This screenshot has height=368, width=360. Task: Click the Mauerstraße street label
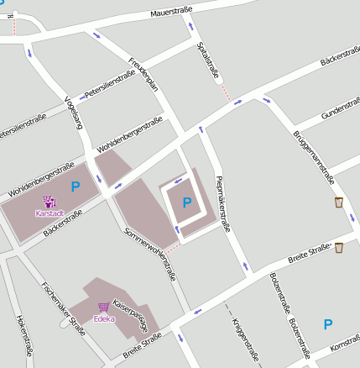[x=172, y=13]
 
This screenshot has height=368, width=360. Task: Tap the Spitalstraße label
[x=207, y=61]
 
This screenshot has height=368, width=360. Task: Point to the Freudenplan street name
[x=145, y=74]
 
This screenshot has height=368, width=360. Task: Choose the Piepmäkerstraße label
[x=222, y=202]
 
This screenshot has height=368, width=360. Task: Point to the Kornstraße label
[x=345, y=346]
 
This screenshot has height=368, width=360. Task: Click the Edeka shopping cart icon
[x=104, y=308]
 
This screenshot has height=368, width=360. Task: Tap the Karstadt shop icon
[x=49, y=202]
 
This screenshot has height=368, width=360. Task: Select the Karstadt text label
[x=49, y=213]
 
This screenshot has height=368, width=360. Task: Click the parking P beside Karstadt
[x=75, y=187]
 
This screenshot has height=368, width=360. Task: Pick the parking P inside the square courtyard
[x=186, y=202]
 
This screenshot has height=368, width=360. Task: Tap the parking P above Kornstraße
[x=328, y=323]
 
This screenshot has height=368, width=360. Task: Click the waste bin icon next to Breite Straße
[x=339, y=247]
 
